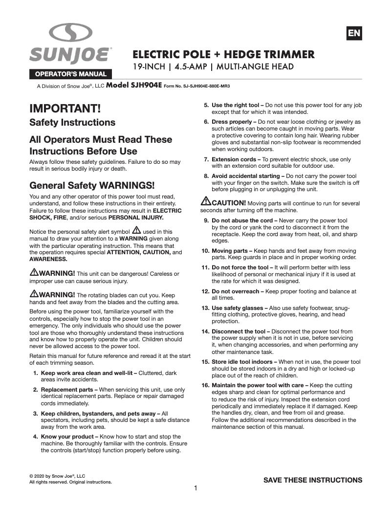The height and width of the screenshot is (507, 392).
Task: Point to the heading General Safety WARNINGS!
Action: tap(92, 186)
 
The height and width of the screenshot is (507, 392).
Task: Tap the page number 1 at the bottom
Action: tap(196, 488)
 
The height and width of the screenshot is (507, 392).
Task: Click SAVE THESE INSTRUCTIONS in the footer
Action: tap(313, 480)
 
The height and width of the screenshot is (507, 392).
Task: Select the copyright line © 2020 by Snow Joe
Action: tap(57, 475)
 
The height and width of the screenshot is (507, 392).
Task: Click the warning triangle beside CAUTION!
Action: tap(206, 201)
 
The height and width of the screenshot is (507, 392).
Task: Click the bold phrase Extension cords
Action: tap(234, 159)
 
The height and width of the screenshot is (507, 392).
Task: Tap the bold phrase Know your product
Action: tap(66, 437)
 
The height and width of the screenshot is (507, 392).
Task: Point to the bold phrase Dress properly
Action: tap(232, 121)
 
